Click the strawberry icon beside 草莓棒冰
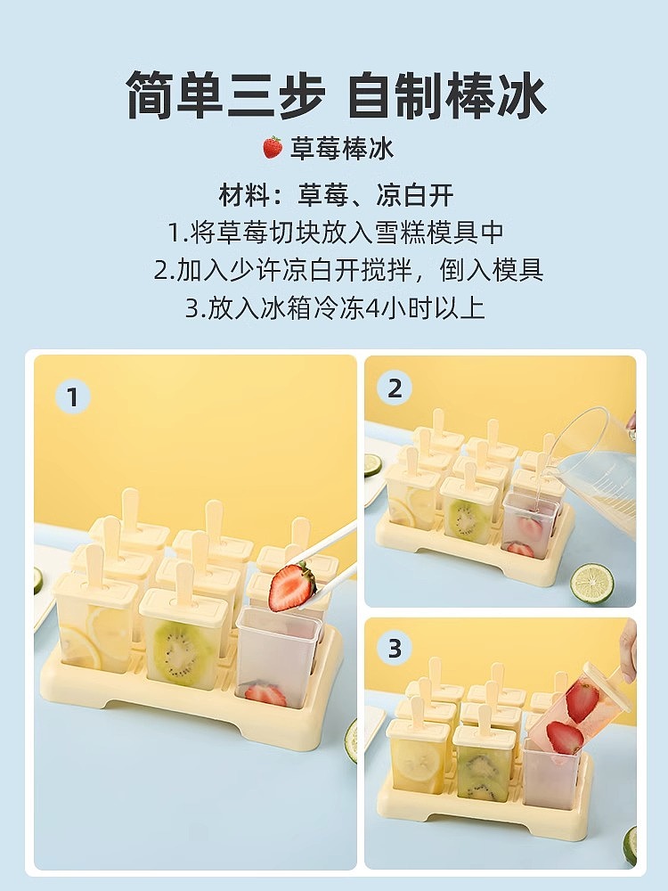click(273, 147)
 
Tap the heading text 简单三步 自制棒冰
click(335, 94)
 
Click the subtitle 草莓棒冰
click(342, 148)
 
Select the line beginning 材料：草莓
click(337, 194)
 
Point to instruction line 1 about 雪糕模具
click(336, 233)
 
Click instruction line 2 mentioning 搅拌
click(348, 270)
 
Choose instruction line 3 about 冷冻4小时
click(335, 308)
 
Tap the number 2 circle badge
click(395, 388)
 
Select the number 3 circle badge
click(395, 649)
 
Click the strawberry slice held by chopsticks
click(291, 586)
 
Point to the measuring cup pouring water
click(601, 463)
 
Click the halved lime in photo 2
click(592, 583)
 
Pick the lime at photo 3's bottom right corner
click(630, 845)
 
